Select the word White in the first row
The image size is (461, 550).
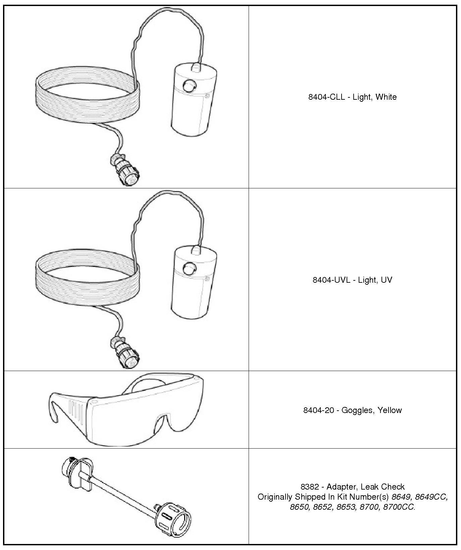click(386, 97)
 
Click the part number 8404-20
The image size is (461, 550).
click(319, 410)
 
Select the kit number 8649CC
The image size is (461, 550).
click(431, 497)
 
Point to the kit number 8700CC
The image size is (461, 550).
click(399, 507)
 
